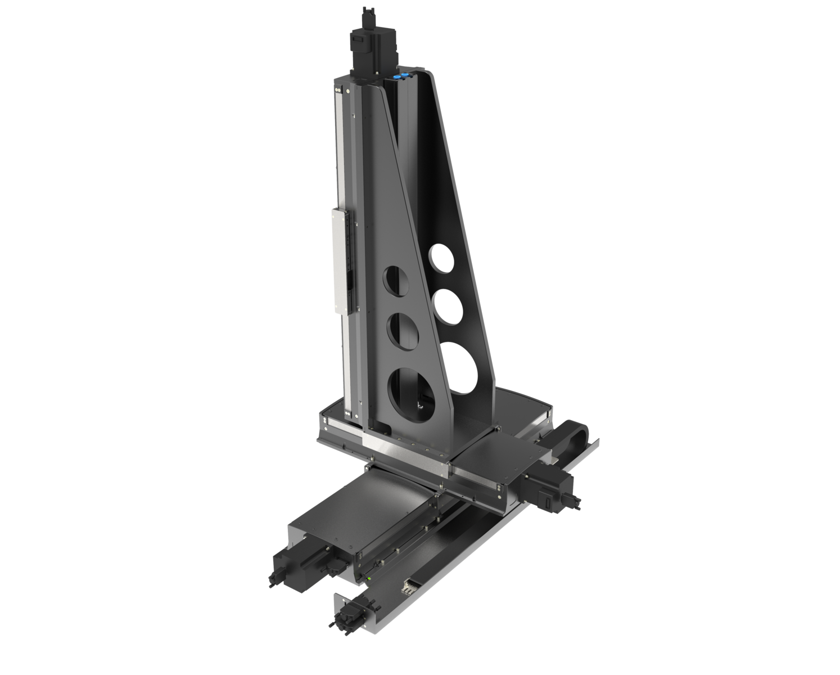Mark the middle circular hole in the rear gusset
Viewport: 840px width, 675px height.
click(x=449, y=307)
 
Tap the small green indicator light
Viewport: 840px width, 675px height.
click(x=368, y=578)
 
